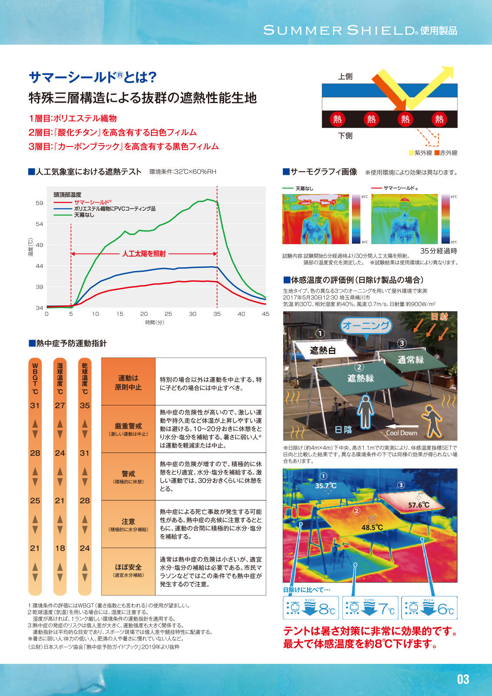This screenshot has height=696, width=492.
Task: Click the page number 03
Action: (463, 679)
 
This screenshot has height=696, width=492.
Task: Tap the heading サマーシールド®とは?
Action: (92, 77)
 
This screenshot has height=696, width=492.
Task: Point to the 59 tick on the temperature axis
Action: (40, 203)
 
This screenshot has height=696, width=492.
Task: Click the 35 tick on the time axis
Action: (217, 314)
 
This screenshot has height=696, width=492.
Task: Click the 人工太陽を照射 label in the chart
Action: (144, 254)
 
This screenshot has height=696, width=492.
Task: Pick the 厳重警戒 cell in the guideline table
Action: (128, 429)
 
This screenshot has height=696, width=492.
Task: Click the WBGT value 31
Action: (35, 405)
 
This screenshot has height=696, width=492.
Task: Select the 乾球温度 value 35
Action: (85, 405)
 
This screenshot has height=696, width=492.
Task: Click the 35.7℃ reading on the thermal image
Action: (326, 485)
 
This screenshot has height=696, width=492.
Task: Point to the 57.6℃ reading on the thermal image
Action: (418, 505)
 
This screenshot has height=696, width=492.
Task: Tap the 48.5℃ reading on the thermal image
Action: (372, 527)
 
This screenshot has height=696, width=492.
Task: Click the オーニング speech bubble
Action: (366, 325)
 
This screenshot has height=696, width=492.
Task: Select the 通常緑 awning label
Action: (410, 360)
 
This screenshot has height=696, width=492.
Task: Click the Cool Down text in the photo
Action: (402, 433)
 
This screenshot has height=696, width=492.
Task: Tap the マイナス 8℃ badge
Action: (311, 608)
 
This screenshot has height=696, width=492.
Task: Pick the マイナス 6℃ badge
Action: (429, 608)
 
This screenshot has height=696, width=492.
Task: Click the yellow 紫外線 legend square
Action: (412, 153)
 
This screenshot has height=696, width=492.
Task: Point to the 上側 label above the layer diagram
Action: (345, 77)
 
